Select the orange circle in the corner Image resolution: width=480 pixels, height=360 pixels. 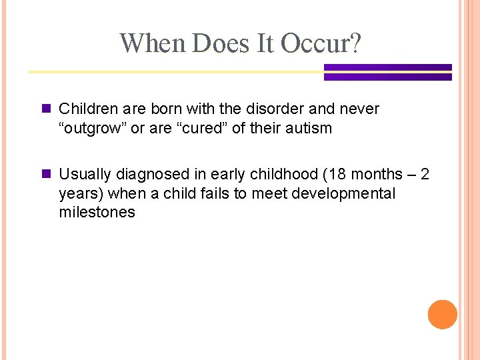point(442,315)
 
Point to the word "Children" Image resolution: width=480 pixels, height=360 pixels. point(87,109)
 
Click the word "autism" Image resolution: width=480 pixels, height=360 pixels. point(309,128)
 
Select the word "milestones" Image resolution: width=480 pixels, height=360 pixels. point(97,212)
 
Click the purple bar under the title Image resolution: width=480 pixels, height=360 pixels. point(387,72)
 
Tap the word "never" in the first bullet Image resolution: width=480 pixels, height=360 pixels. point(363,109)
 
